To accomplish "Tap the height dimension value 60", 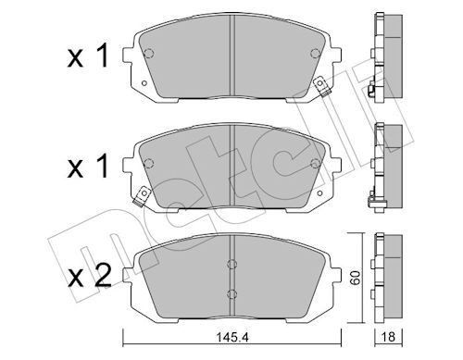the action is tap(356, 278).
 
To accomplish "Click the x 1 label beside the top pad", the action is tap(88, 56).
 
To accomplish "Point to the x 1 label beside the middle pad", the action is tap(88, 166).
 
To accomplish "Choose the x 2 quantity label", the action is tap(90, 276).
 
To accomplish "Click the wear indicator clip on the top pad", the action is tap(321, 86).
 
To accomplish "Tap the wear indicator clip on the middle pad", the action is tap(141, 197).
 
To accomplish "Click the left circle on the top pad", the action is tap(149, 54).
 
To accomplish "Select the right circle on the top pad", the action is tap(315, 54).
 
